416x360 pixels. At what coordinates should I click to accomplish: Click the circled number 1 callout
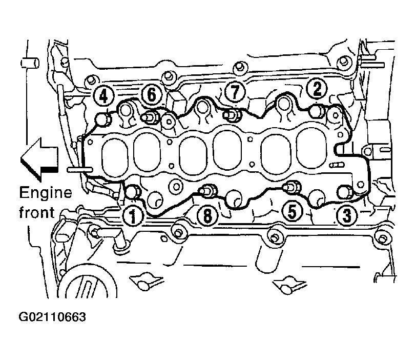133,215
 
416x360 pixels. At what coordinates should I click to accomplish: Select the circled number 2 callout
317,89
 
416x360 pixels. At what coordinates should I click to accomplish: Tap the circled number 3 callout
346,214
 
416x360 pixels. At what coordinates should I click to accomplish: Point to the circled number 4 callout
103,96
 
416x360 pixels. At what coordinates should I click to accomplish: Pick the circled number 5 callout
292,211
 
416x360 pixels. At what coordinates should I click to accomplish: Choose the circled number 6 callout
152,94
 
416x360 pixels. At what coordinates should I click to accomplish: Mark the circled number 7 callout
235,92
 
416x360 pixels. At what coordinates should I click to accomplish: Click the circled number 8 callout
207,215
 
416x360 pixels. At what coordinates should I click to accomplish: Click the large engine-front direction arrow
39,159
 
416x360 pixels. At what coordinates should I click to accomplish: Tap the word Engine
46,193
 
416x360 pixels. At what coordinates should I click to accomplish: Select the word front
37,212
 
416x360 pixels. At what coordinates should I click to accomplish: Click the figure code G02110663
52,317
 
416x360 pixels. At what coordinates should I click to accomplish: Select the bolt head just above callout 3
345,192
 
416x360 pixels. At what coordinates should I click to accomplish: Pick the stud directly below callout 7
232,115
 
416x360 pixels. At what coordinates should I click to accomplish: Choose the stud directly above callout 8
209,190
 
